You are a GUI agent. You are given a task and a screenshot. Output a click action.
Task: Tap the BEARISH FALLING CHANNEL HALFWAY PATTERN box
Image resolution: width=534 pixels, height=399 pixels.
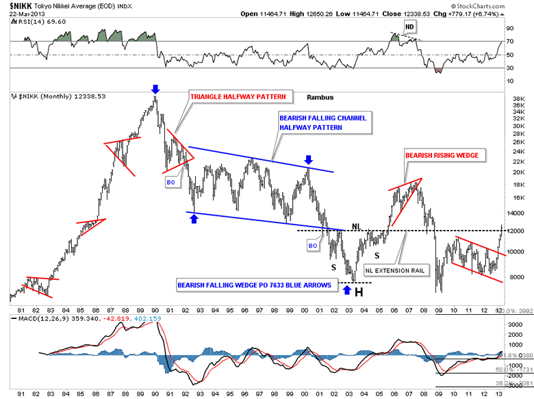point(323,123)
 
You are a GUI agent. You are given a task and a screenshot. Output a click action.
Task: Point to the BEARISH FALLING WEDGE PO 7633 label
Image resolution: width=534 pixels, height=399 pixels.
point(255,285)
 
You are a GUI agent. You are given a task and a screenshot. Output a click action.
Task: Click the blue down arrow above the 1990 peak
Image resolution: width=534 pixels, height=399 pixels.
point(155,89)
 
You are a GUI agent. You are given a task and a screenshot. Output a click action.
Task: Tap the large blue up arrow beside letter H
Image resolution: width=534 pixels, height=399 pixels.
point(347,290)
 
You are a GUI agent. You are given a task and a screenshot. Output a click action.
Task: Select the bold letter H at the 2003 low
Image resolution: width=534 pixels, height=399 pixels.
point(359,292)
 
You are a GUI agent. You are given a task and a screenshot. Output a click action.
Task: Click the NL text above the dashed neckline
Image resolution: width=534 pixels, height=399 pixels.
point(357,226)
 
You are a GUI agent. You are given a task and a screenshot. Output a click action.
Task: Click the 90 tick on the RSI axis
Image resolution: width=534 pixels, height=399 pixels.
point(509,29)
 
